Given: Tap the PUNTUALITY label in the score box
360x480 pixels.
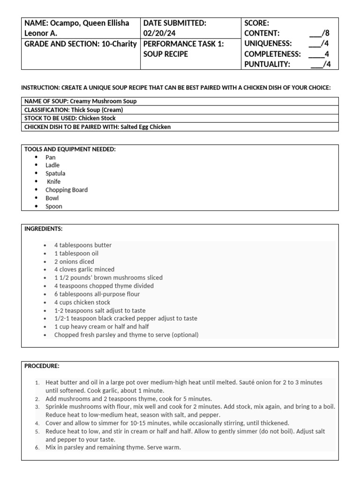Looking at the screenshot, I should point(267,64).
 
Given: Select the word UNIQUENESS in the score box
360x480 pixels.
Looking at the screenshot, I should point(268,44).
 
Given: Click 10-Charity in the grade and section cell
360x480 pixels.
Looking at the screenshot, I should point(120,44).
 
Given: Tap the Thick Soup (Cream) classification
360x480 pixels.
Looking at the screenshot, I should point(94,110).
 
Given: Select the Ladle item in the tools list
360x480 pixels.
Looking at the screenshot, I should point(52,165).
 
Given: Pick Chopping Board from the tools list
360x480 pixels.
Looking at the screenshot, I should point(67,190).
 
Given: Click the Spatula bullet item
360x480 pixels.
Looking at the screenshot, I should point(55,173).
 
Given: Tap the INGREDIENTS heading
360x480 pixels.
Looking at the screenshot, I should point(44,229).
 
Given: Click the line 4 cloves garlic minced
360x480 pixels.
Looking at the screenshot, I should point(84,270).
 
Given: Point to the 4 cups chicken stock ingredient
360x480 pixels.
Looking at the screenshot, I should point(82,302).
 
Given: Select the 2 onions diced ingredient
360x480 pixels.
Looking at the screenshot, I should point(74,262).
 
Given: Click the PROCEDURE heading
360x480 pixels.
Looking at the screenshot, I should point(42,366).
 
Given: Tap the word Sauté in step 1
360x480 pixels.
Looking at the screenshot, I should point(249,382).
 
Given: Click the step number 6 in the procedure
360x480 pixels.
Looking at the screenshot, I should point(37,448).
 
